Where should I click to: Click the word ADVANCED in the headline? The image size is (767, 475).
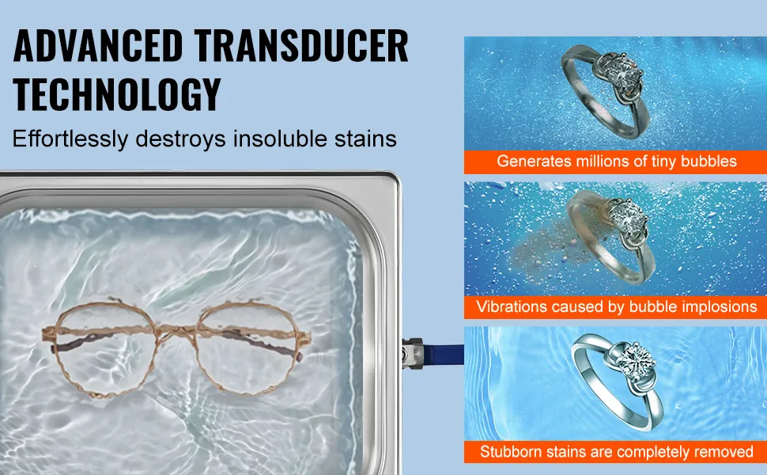click(x=98, y=46)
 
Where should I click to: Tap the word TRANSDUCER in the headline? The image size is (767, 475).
click(x=301, y=46)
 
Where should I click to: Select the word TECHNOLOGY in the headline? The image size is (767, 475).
click(x=117, y=93)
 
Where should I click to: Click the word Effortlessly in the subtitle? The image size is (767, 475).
click(x=70, y=139)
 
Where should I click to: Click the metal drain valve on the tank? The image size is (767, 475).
click(x=412, y=353)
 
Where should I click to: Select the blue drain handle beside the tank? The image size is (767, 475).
click(x=444, y=354)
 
